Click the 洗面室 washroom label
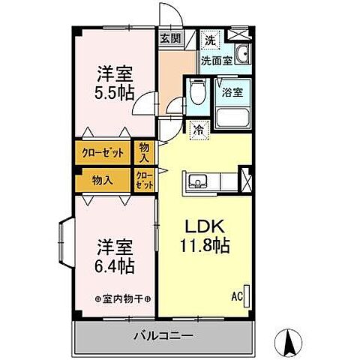tap(215, 59)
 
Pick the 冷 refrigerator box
tap(198, 129)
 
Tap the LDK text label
tap(202, 226)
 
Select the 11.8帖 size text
tap(202, 245)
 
